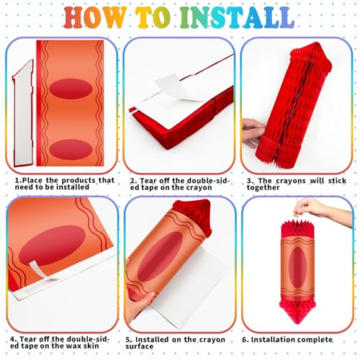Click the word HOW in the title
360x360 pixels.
[94, 17]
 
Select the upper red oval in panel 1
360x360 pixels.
[71, 89]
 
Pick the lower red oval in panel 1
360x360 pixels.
[71, 150]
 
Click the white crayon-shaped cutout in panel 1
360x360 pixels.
[23, 114]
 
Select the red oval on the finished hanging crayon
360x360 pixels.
[298, 268]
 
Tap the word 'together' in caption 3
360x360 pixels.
[263, 188]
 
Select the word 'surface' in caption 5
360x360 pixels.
[140, 347]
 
